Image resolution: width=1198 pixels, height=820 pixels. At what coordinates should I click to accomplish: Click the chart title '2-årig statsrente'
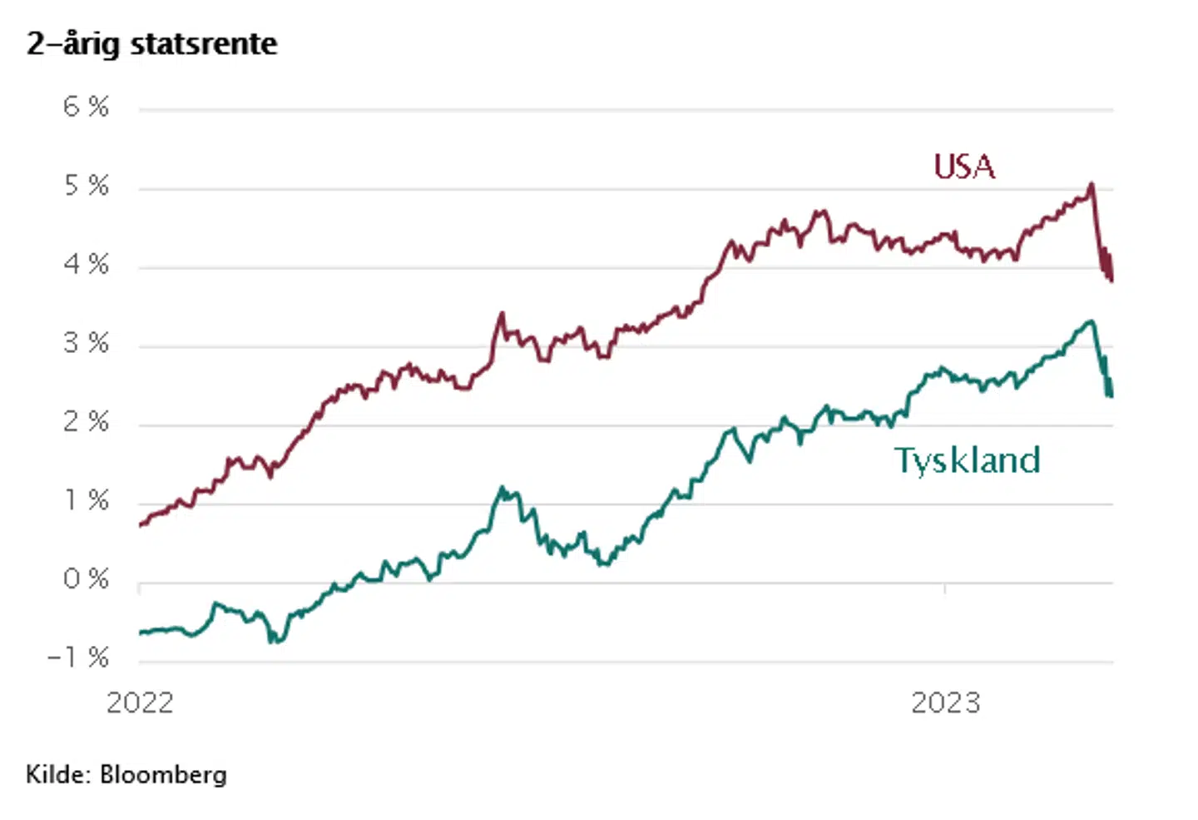pos(151,43)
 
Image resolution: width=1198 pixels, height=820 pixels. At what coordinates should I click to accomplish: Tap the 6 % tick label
pos(86,107)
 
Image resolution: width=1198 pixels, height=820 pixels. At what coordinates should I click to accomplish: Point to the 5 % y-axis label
pos(86,186)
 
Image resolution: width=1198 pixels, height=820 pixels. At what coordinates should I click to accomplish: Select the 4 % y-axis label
pos(86,265)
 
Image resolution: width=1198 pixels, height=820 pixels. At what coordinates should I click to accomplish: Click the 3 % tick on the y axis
pos(86,343)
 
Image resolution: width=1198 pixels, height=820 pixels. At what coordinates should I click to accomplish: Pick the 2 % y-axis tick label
pos(86,422)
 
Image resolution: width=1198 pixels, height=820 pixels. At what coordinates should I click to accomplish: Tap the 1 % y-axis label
pos(87,500)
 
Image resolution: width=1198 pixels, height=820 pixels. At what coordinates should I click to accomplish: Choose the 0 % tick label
pos(86,579)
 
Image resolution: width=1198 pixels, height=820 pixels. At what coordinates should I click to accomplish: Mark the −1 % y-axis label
pos(78,658)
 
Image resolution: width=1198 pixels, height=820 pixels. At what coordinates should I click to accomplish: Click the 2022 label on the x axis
pos(140,703)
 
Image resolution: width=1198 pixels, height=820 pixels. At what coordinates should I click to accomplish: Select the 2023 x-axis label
pos(946,703)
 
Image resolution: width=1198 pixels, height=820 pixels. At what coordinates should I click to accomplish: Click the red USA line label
pos(964,166)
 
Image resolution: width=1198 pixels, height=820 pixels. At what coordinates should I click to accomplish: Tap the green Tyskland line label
pos(968,460)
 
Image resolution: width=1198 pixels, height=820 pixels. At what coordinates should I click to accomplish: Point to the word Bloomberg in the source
pos(163,775)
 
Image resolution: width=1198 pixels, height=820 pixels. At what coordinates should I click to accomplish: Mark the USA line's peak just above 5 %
pos(1092,184)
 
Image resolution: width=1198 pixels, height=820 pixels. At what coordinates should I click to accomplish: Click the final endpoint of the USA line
pos(1111,281)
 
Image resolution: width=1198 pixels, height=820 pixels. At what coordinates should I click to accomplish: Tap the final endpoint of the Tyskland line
pos(1111,395)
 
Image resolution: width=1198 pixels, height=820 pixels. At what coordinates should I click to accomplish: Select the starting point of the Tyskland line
pos(141,633)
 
